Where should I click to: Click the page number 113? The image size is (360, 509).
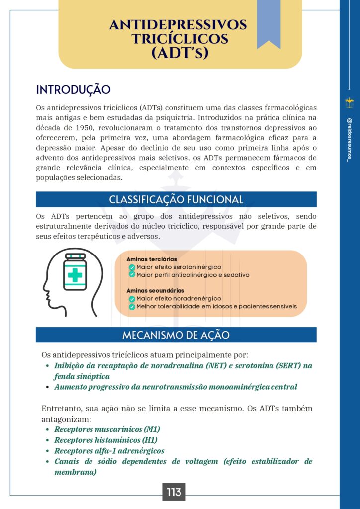pyautogui.click(x=174, y=492)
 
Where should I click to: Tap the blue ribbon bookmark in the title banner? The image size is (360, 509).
pyautogui.click(x=269, y=22)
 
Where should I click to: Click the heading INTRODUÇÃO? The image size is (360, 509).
pyautogui.click(x=73, y=90)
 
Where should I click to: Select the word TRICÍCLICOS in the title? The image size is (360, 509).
pyautogui.click(x=180, y=39)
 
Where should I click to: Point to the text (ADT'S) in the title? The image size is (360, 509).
pyautogui.click(x=180, y=52)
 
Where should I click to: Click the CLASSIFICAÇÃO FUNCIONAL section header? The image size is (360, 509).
pyautogui.click(x=176, y=200)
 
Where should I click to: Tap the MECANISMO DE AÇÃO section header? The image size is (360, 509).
pyautogui.click(x=176, y=335)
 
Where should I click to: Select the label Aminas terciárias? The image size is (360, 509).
pyautogui.click(x=152, y=259)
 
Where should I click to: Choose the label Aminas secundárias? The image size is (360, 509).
pyautogui.click(x=155, y=291)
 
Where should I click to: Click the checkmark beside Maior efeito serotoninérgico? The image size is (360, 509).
pyautogui.click(x=132, y=267)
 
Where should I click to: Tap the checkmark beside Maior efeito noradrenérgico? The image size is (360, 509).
pyautogui.click(x=132, y=299)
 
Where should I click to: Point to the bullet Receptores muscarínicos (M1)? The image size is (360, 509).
pyautogui.click(x=107, y=429)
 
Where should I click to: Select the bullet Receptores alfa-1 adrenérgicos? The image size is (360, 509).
pyautogui.click(x=109, y=451)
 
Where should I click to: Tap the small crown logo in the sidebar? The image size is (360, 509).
pyautogui.click(x=349, y=102)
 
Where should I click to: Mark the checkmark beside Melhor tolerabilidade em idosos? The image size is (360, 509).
pyautogui.click(x=132, y=307)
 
